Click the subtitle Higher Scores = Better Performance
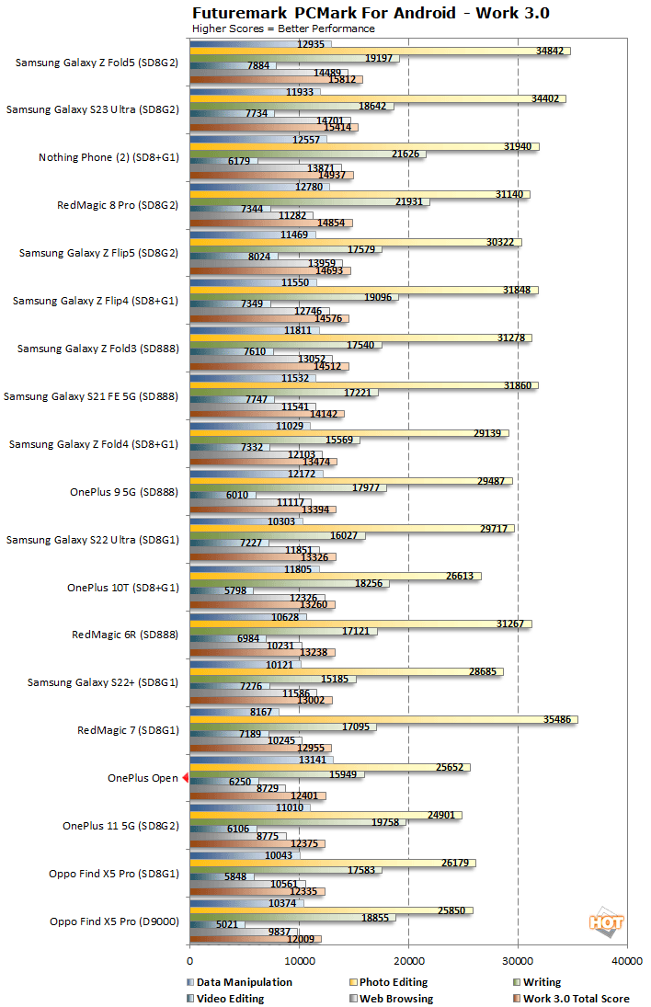(283, 29)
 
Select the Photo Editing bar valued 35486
(383, 719)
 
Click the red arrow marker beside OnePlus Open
(186, 778)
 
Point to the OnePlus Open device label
(143, 778)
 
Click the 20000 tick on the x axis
(408, 961)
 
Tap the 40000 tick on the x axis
(627, 961)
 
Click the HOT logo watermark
(606, 922)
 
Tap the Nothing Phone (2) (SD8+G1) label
(108, 157)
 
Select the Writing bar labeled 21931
(309, 201)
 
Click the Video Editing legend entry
(230, 998)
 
